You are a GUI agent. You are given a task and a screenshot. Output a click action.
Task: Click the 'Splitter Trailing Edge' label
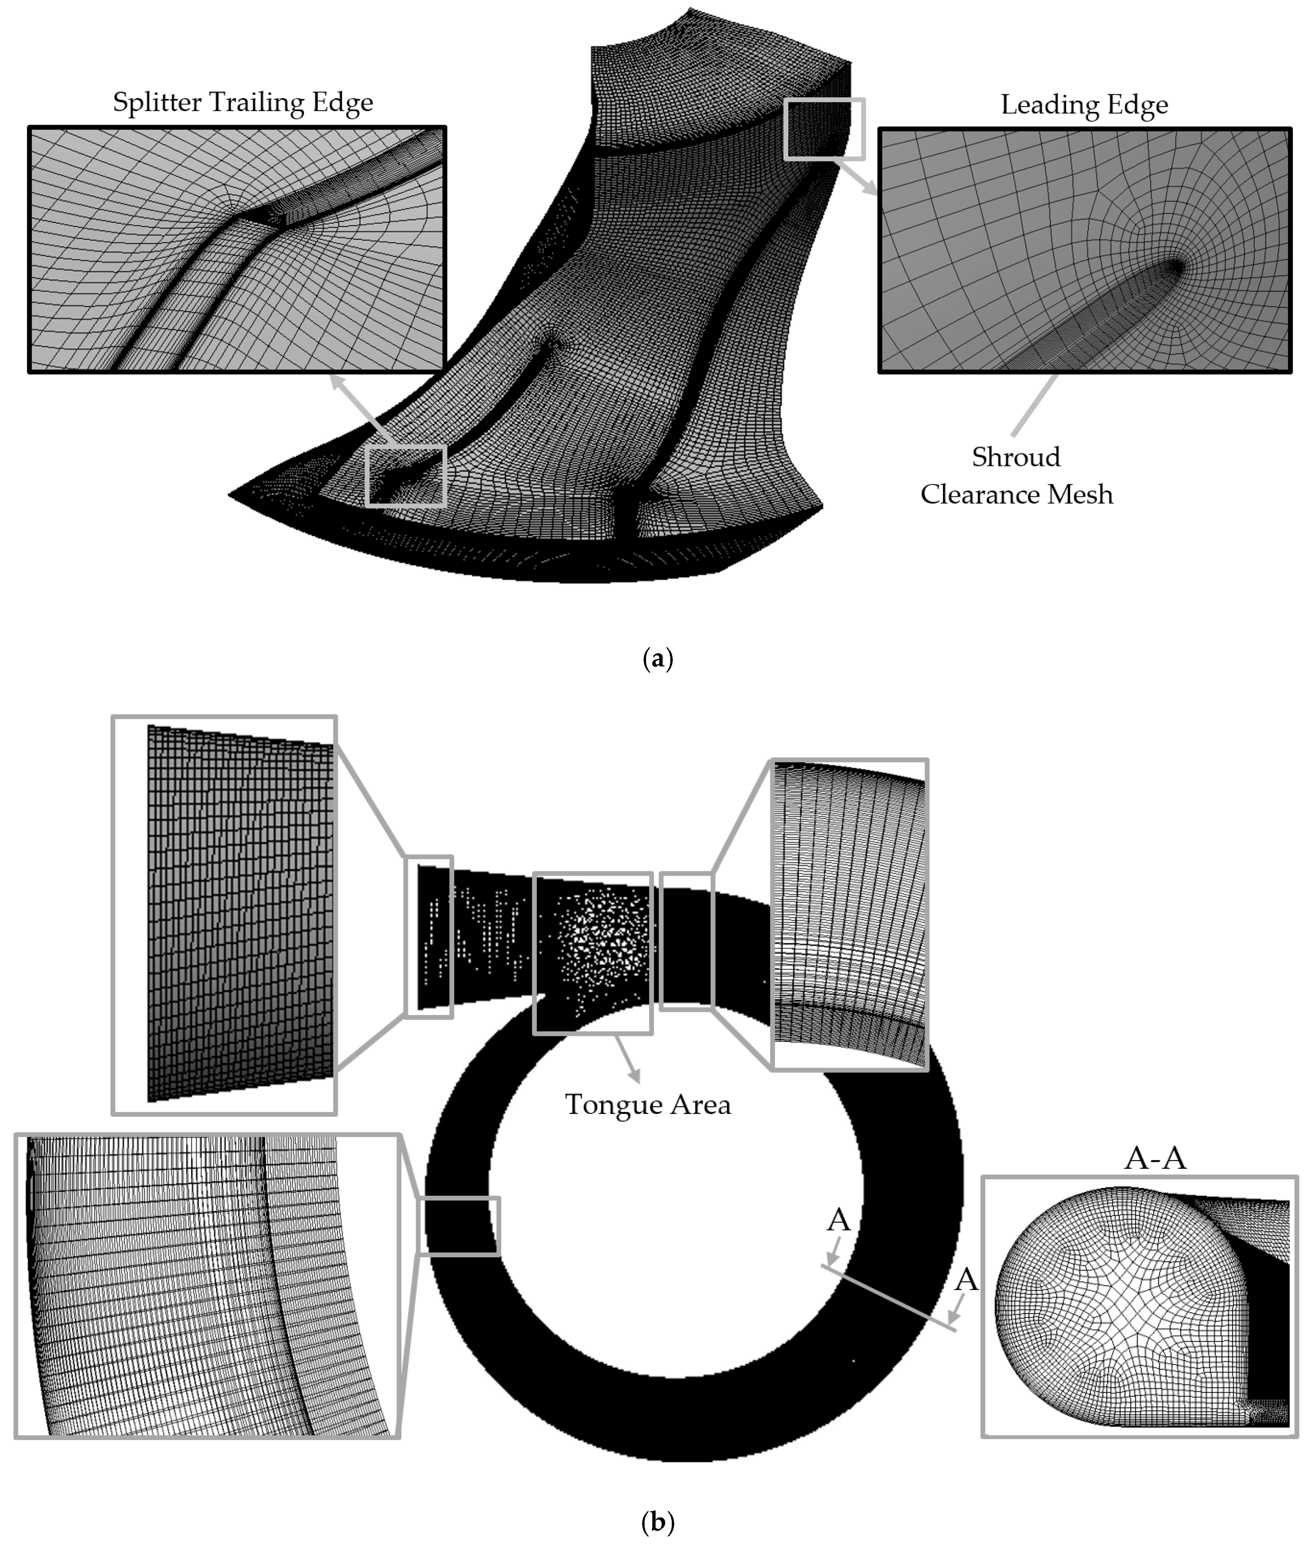click(243, 102)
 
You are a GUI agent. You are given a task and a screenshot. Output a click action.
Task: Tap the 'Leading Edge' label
click(1084, 104)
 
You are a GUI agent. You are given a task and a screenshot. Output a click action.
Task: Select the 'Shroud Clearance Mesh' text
click(1016, 475)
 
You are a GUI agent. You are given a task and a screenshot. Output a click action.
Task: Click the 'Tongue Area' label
click(648, 1105)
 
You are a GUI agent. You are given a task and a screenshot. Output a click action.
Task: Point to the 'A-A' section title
click(1155, 1157)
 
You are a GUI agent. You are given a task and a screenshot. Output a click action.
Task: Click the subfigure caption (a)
click(657, 659)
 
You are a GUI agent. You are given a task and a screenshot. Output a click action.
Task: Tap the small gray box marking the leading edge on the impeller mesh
click(824, 129)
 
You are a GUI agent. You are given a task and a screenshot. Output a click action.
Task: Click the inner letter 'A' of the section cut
click(839, 1220)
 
